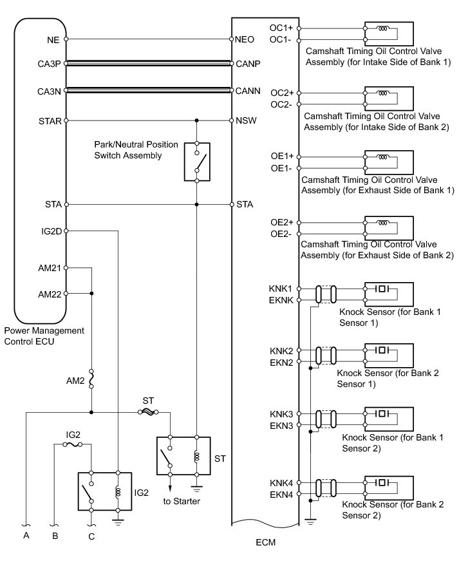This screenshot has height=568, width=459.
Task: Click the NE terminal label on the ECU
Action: [x=53, y=39]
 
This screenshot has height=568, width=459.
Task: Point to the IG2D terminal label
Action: [x=50, y=230]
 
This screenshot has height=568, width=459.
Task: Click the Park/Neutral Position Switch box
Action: [x=197, y=160]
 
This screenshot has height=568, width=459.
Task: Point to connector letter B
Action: [x=55, y=535]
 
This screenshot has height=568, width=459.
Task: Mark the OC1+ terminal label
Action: [x=282, y=28]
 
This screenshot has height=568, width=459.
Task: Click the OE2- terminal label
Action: [x=282, y=233]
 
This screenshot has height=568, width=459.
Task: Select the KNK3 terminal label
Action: [x=281, y=414]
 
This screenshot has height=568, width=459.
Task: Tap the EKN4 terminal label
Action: [x=281, y=495]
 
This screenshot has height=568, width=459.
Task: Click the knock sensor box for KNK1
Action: [x=388, y=294]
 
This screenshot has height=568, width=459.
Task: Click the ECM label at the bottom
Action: [x=265, y=542]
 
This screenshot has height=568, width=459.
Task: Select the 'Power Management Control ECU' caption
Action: [x=44, y=336]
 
